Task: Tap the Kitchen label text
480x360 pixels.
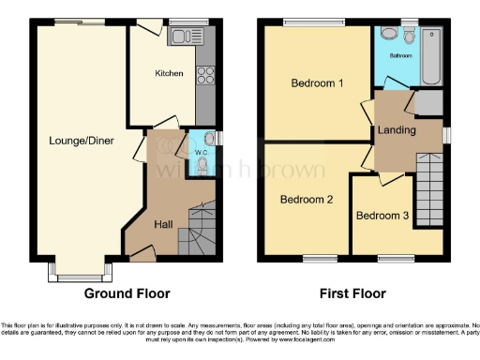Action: (x=169, y=72)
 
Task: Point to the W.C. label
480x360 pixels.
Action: (x=201, y=153)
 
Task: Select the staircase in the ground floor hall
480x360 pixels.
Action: (x=201, y=226)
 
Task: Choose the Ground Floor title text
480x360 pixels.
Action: (x=127, y=293)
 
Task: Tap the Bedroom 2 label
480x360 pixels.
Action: (x=307, y=199)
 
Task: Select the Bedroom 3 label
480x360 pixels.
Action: (x=382, y=216)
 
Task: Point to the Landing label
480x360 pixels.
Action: (x=397, y=129)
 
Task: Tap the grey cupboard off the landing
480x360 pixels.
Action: (x=428, y=103)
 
